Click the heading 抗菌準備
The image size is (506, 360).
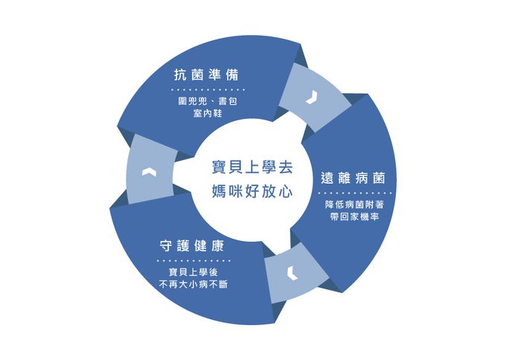tap(207, 75)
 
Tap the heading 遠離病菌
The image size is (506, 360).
tap(353, 178)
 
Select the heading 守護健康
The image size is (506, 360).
tap(192, 245)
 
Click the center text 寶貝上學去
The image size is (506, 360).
tap(252, 167)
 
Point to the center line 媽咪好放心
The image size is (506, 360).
tap(252, 190)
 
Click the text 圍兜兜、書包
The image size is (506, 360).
tap(208, 101)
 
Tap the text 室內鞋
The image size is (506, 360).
tap(208, 114)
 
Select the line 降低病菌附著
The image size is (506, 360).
tap(354, 205)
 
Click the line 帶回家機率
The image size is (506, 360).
tap(354, 216)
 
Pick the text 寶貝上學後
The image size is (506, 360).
tap(193, 272)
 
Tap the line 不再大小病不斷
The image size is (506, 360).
tap(193, 284)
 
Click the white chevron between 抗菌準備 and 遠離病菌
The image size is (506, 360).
tap(312, 97)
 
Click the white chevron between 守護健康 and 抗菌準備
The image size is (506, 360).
tap(149, 172)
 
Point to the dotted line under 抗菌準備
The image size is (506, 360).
tap(208, 90)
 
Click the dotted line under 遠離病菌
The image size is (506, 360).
tap(355, 193)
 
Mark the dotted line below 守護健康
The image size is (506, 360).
tap(193, 260)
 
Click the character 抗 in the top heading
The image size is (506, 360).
tap(180, 75)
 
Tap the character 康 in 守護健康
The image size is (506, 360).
tap(218, 245)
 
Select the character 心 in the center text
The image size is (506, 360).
tap(286, 191)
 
